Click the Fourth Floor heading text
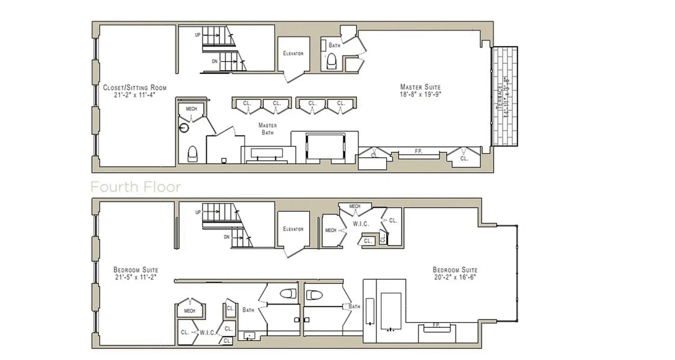[x=135, y=187]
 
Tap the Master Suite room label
[x=420, y=87]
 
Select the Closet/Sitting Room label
[x=135, y=87]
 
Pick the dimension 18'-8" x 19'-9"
[x=420, y=94]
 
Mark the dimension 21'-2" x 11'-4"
[x=135, y=95]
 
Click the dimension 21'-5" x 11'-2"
[x=135, y=277]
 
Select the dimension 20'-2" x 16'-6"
[x=455, y=277]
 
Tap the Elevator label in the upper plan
[x=293, y=54]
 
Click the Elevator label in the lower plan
[x=293, y=229]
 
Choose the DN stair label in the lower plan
[x=227, y=237]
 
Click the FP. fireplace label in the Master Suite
[x=418, y=152]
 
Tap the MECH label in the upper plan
[x=191, y=109]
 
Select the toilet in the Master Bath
[x=192, y=154]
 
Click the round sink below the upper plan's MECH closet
[x=184, y=128]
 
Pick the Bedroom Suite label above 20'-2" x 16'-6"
[x=455, y=270]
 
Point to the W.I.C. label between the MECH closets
[x=360, y=224]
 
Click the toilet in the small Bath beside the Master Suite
[x=332, y=61]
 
